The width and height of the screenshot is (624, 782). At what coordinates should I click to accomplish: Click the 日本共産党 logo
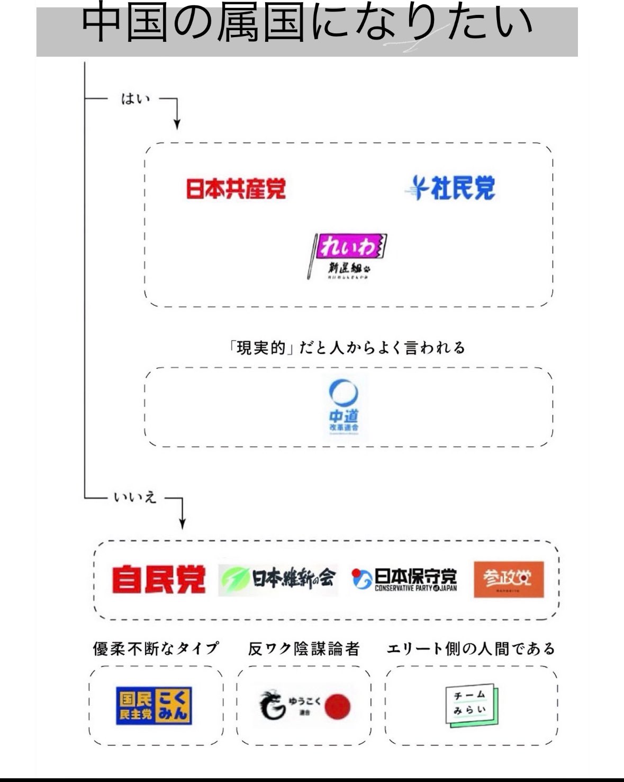(236, 189)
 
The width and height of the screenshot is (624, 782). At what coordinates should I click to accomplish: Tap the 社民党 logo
(451, 188)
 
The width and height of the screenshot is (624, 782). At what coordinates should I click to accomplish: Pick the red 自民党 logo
(158, 580)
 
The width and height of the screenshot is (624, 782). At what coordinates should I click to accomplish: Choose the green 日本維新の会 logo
(278, 580)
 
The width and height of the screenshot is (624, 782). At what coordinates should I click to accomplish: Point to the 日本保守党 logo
(405, 580)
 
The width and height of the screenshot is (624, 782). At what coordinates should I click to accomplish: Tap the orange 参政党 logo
(508, 580)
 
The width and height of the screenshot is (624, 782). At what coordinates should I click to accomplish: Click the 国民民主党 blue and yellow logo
(154, 706)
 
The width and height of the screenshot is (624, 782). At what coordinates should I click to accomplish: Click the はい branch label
(135, 99)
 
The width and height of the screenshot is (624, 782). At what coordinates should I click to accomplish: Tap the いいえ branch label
(135, 497)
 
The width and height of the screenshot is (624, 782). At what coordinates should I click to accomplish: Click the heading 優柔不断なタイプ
(156, 648)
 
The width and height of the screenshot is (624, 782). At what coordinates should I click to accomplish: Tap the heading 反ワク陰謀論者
(304, 648)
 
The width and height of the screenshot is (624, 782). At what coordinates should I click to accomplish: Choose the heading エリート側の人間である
(471, 648)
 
